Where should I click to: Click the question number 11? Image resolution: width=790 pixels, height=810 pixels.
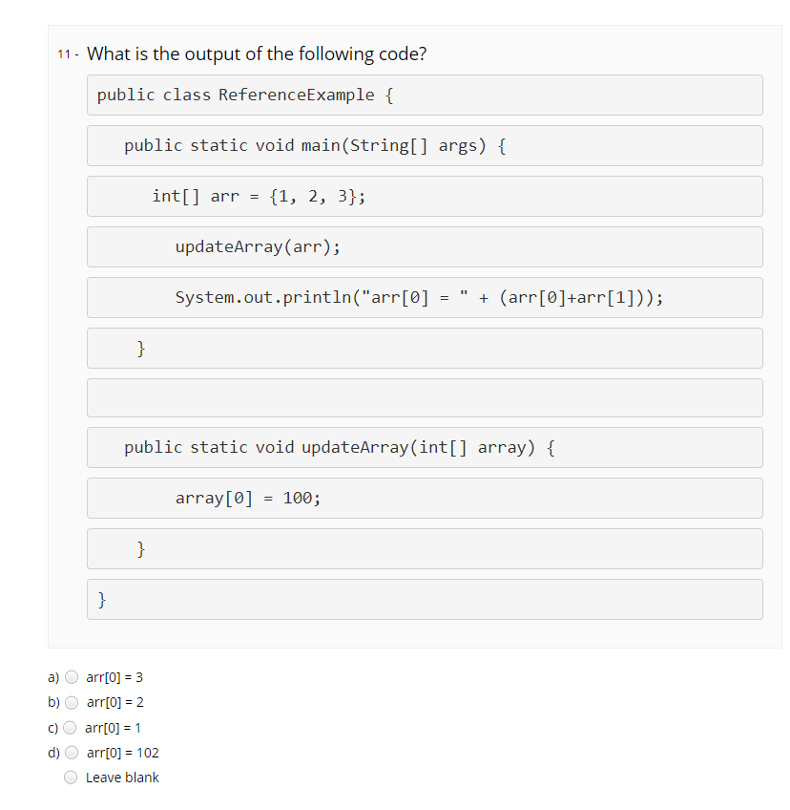(x=64, y=54)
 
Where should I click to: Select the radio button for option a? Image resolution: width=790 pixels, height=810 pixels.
(x=72, y=677)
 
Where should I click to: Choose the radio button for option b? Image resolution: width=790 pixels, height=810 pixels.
(x=72, y=702)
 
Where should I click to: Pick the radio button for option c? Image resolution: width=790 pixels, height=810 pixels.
(x=72, y=727)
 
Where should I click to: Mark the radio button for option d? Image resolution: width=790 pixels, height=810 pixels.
(x=72, y=752)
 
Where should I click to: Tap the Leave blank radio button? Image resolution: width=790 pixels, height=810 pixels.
(x=72, y=778)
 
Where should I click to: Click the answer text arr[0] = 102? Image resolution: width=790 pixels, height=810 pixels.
(x=122, y=753)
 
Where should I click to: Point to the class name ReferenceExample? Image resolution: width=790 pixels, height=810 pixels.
(x=296, y=96)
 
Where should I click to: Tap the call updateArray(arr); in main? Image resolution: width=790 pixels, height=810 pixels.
(x=258, y=247)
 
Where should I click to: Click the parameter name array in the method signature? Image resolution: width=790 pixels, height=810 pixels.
(x=501, y=448)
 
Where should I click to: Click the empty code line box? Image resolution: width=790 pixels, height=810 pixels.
(x=425, y=397)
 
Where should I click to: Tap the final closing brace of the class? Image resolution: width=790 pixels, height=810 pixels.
(x=102, y=600)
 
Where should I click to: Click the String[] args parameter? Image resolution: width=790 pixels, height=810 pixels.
(x=415, y=146)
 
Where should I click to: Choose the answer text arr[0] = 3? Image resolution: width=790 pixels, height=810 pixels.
(x=114, y=677)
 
